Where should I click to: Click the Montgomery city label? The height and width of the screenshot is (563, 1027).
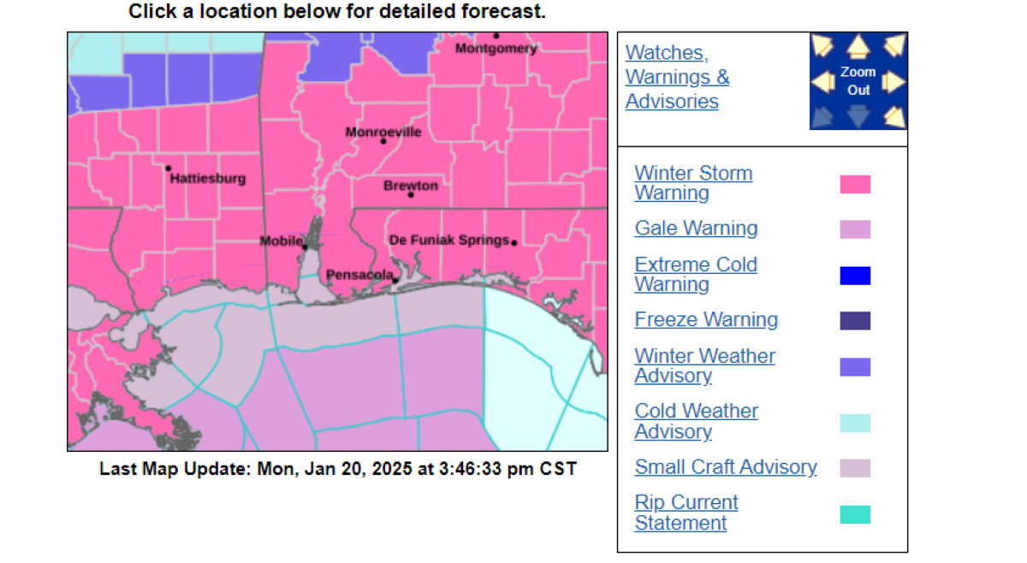click(x=496, y=49)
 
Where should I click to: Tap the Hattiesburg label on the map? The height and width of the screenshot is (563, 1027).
click(x=208, y=179)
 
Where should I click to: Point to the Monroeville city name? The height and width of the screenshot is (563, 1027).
click(x=383, y=133)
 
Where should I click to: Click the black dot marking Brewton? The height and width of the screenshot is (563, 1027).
click(x=411, y=194)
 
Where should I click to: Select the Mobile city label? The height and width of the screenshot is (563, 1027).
click(x=281, y=241)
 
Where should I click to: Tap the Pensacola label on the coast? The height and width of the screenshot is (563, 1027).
click(x=359, y=276)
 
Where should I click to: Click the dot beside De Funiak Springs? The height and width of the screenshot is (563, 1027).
click(x=513, y=243)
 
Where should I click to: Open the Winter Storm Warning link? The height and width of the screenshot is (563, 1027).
click(x=693, y=183)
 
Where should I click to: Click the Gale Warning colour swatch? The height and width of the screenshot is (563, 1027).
click(x=855, y=229)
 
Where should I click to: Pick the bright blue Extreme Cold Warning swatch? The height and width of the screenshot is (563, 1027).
click(x=855, y=276)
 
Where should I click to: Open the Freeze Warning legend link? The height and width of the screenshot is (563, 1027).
click(x=706, y=320)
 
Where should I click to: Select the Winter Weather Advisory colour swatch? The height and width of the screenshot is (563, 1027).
click(x=855, y=367)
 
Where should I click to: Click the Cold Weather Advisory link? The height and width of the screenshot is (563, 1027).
click(x=696, y=421)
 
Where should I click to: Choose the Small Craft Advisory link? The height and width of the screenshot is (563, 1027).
click(x=726, y=467)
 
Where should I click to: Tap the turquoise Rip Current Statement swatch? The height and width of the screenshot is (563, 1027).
click(x=855, y=514)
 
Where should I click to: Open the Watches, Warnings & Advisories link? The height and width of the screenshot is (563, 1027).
click(x=677, y=77)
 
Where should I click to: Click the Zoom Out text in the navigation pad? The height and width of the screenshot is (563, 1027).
click(x=858, y=81)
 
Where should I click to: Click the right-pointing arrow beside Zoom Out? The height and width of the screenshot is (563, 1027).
click(x=893, y=82)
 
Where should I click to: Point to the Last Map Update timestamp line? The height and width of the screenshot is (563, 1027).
click(x=338, y=469)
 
